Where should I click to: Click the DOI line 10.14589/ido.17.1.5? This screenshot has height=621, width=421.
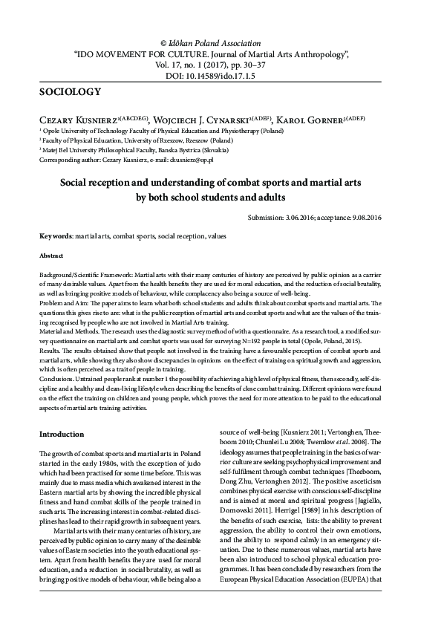[210, 76]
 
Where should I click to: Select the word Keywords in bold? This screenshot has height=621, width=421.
[56, 235]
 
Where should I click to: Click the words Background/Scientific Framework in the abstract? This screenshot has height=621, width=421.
[87, 274]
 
